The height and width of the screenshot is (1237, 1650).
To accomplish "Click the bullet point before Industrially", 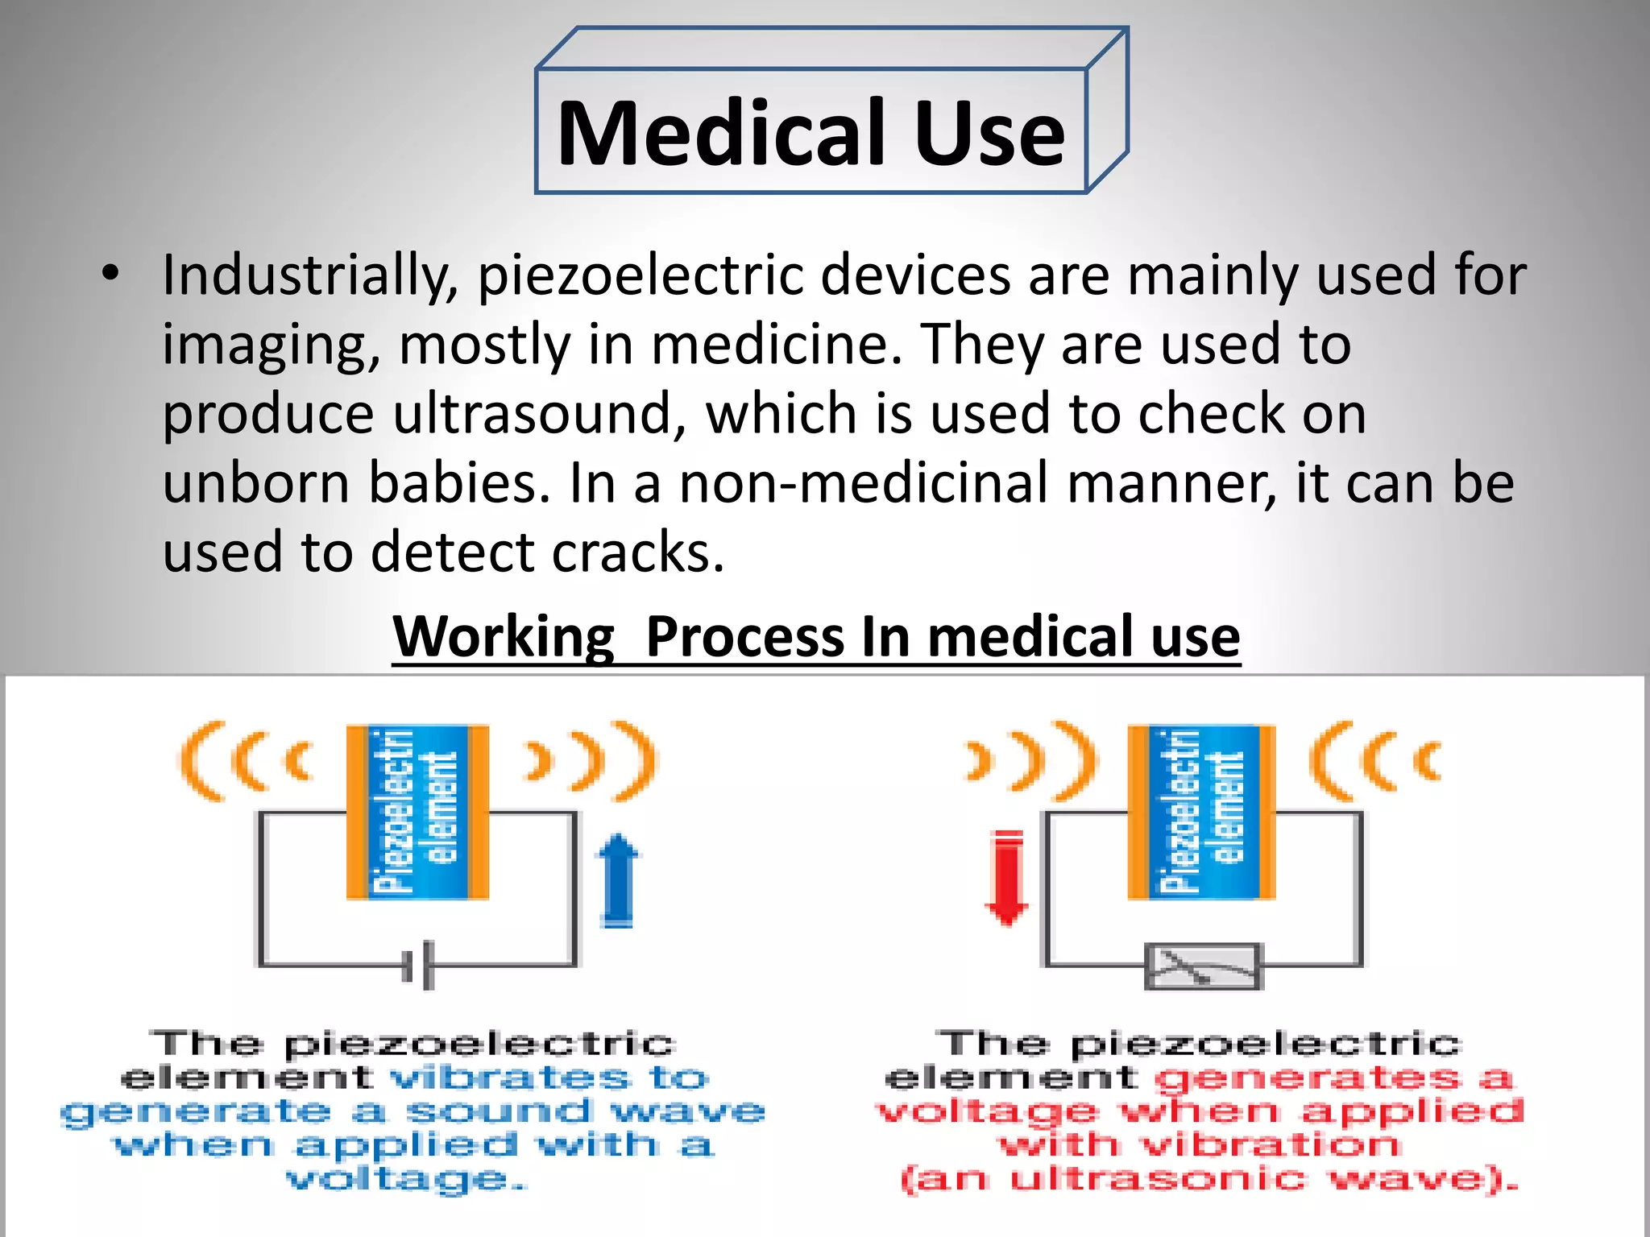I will [x=110, y=273].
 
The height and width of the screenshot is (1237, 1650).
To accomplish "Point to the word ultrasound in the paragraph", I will [x=533, y=414].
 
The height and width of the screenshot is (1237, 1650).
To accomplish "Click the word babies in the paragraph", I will [x=460, y=483].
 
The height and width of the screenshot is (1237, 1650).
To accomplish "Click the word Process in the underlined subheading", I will [x=744, y=637].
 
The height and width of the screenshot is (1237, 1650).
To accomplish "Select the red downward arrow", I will [x=1007, y=878].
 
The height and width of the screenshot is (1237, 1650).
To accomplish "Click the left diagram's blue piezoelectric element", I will [x=417, y=812].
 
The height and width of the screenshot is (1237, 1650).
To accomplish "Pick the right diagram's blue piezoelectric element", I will [x=1201, y=812].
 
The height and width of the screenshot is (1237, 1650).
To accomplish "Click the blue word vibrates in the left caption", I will [x=510, y=1077].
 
